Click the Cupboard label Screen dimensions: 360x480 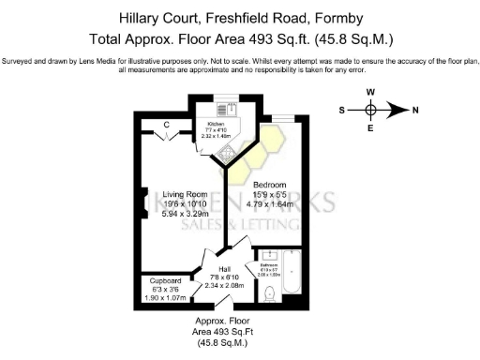(165, 281)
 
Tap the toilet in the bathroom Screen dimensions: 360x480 (271, 294)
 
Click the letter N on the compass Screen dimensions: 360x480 (415, 110)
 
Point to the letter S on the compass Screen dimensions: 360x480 (343, 110)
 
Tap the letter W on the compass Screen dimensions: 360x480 (371, 92)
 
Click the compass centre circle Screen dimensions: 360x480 (371, 110)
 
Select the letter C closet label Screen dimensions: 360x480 (165, 124)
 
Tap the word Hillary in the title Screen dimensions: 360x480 (145, 18)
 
